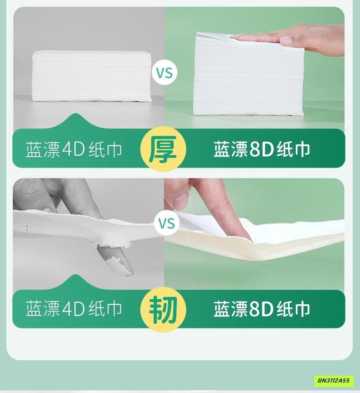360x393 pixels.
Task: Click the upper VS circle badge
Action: [x=165, y=73]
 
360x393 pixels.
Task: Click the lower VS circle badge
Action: [x=167, y=223]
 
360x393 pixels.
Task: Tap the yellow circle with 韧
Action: [x=163, y=309]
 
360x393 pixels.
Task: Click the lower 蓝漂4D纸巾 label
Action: [x=74, y=309]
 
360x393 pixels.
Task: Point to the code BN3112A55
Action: [x=334, y=380]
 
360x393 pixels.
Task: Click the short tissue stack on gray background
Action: [x=92, y=76]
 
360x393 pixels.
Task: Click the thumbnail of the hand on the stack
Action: [x=286, y=40]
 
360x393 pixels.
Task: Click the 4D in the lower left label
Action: [x=73, y=309]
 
